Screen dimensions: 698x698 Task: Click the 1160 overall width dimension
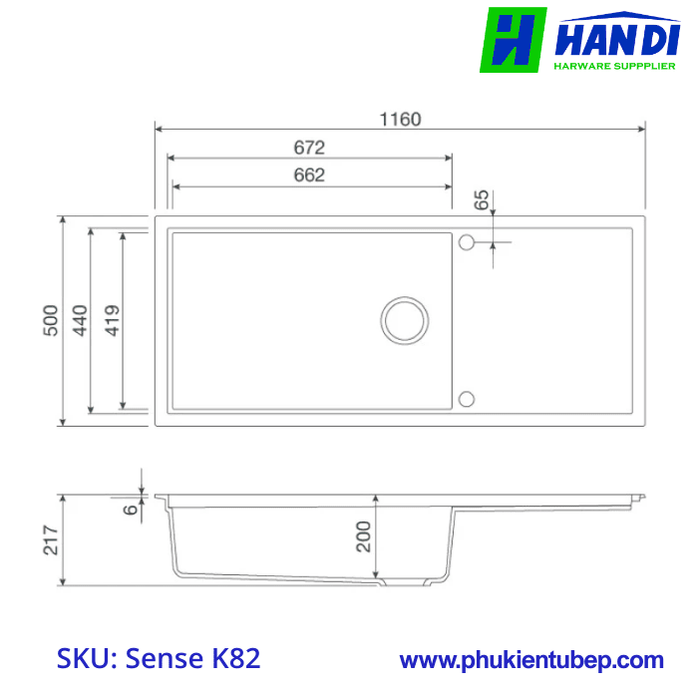400,120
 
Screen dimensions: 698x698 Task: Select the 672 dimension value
309,148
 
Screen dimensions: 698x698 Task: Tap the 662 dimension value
309,175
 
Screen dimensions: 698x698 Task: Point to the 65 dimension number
483,198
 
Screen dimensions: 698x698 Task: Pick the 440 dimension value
80,319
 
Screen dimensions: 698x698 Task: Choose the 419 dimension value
112,319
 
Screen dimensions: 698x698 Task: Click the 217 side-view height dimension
51,539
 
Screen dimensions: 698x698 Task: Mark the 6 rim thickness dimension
131,509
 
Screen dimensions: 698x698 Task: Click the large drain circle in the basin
406,319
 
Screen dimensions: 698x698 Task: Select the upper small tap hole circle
466,241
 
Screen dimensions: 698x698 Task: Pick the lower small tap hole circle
466,399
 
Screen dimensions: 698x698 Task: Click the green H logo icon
513,40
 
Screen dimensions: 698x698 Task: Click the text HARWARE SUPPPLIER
614,67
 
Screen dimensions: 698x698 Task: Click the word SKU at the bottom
86,659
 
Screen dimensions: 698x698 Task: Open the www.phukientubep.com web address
531,660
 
